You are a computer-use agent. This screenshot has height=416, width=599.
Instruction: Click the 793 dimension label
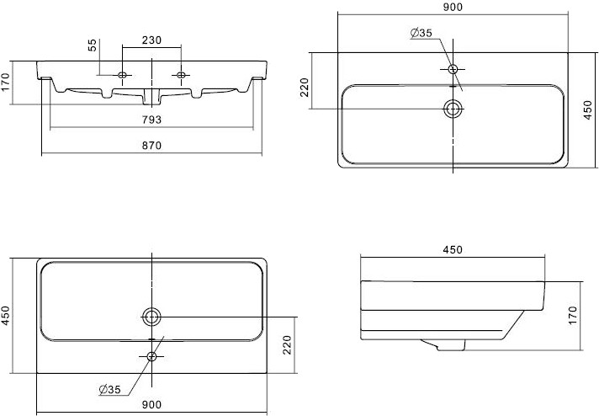coord(151,120)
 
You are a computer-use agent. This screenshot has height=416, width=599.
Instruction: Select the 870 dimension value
coord(151,145)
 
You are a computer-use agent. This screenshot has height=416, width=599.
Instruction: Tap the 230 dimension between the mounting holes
coord(151,40)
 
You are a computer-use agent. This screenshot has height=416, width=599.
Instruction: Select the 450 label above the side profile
coord(453,249)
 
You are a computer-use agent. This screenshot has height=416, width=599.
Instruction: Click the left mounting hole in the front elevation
coord(123,76)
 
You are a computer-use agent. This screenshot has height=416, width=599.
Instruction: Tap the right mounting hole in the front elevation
coord(180,76)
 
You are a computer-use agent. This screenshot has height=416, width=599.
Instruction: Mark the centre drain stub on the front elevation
coord(151,91)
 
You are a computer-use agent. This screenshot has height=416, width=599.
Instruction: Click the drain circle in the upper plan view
coord(453,108)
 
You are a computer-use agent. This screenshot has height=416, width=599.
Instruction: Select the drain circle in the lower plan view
coord(152,317)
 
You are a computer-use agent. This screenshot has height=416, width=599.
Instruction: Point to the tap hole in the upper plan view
coord(453,69)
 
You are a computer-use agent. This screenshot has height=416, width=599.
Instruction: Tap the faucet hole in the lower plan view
coord(152,356)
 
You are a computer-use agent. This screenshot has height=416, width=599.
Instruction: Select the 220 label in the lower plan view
coord(286,344)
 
